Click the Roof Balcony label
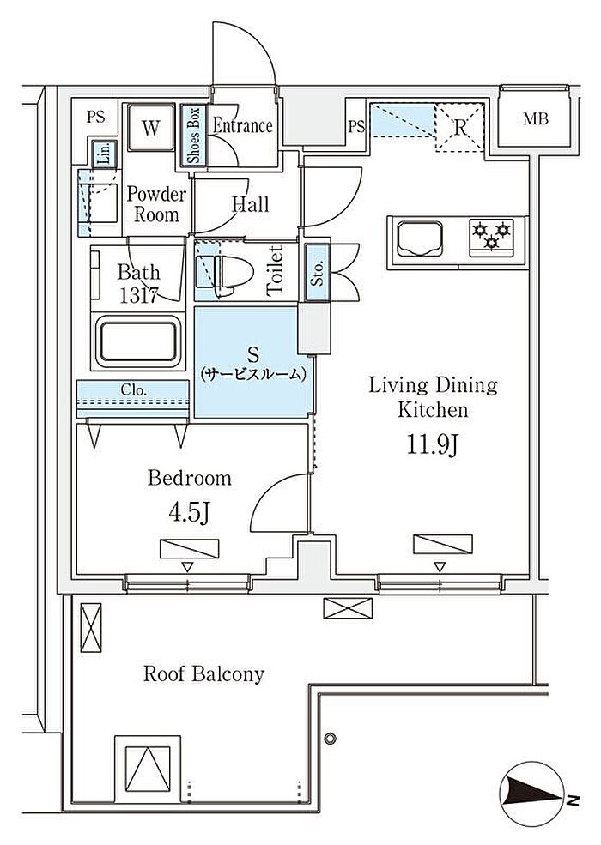point(203,674)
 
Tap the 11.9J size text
point(432,445)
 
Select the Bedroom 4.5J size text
point(189,513)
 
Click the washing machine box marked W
point(151,128)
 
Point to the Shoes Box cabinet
point(194,135)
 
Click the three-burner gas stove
point(491,237)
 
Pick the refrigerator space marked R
point(459,128)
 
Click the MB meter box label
point(535,118)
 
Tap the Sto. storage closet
point(317,272)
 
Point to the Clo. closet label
point(133,389)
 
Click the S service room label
point(253,363)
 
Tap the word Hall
point(250,204)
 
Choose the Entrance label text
point(242,125)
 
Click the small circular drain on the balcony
point(331,738)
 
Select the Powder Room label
point(156,204)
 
